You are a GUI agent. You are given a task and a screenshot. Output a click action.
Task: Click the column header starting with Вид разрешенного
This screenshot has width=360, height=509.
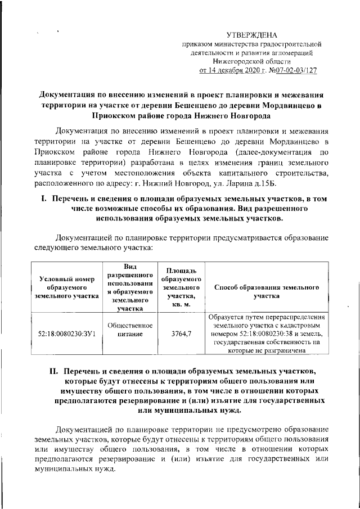click(x=130, y=287)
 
